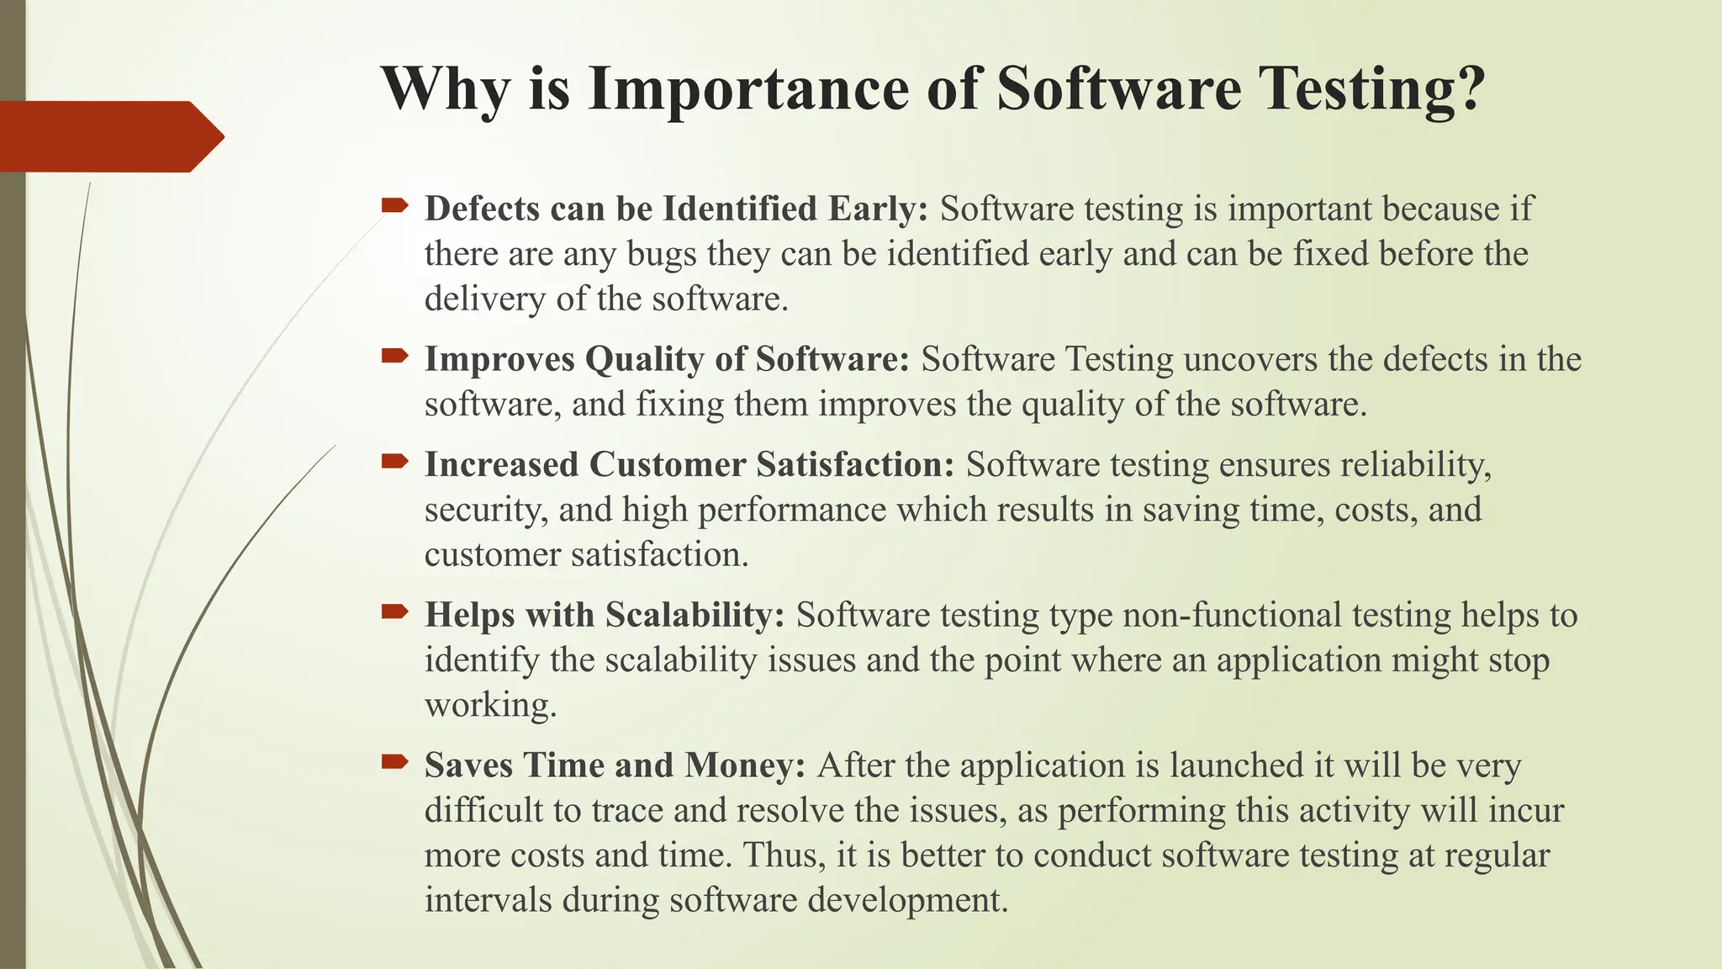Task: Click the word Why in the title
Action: [445, 89]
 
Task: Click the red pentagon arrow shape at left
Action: [109, 136]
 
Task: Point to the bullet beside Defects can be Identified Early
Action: [394, 204]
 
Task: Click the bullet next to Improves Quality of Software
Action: [394, 356]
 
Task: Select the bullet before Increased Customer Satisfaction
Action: [394, 461]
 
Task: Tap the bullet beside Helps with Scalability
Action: [394, 612]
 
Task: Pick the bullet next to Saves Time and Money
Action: [394, 762]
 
